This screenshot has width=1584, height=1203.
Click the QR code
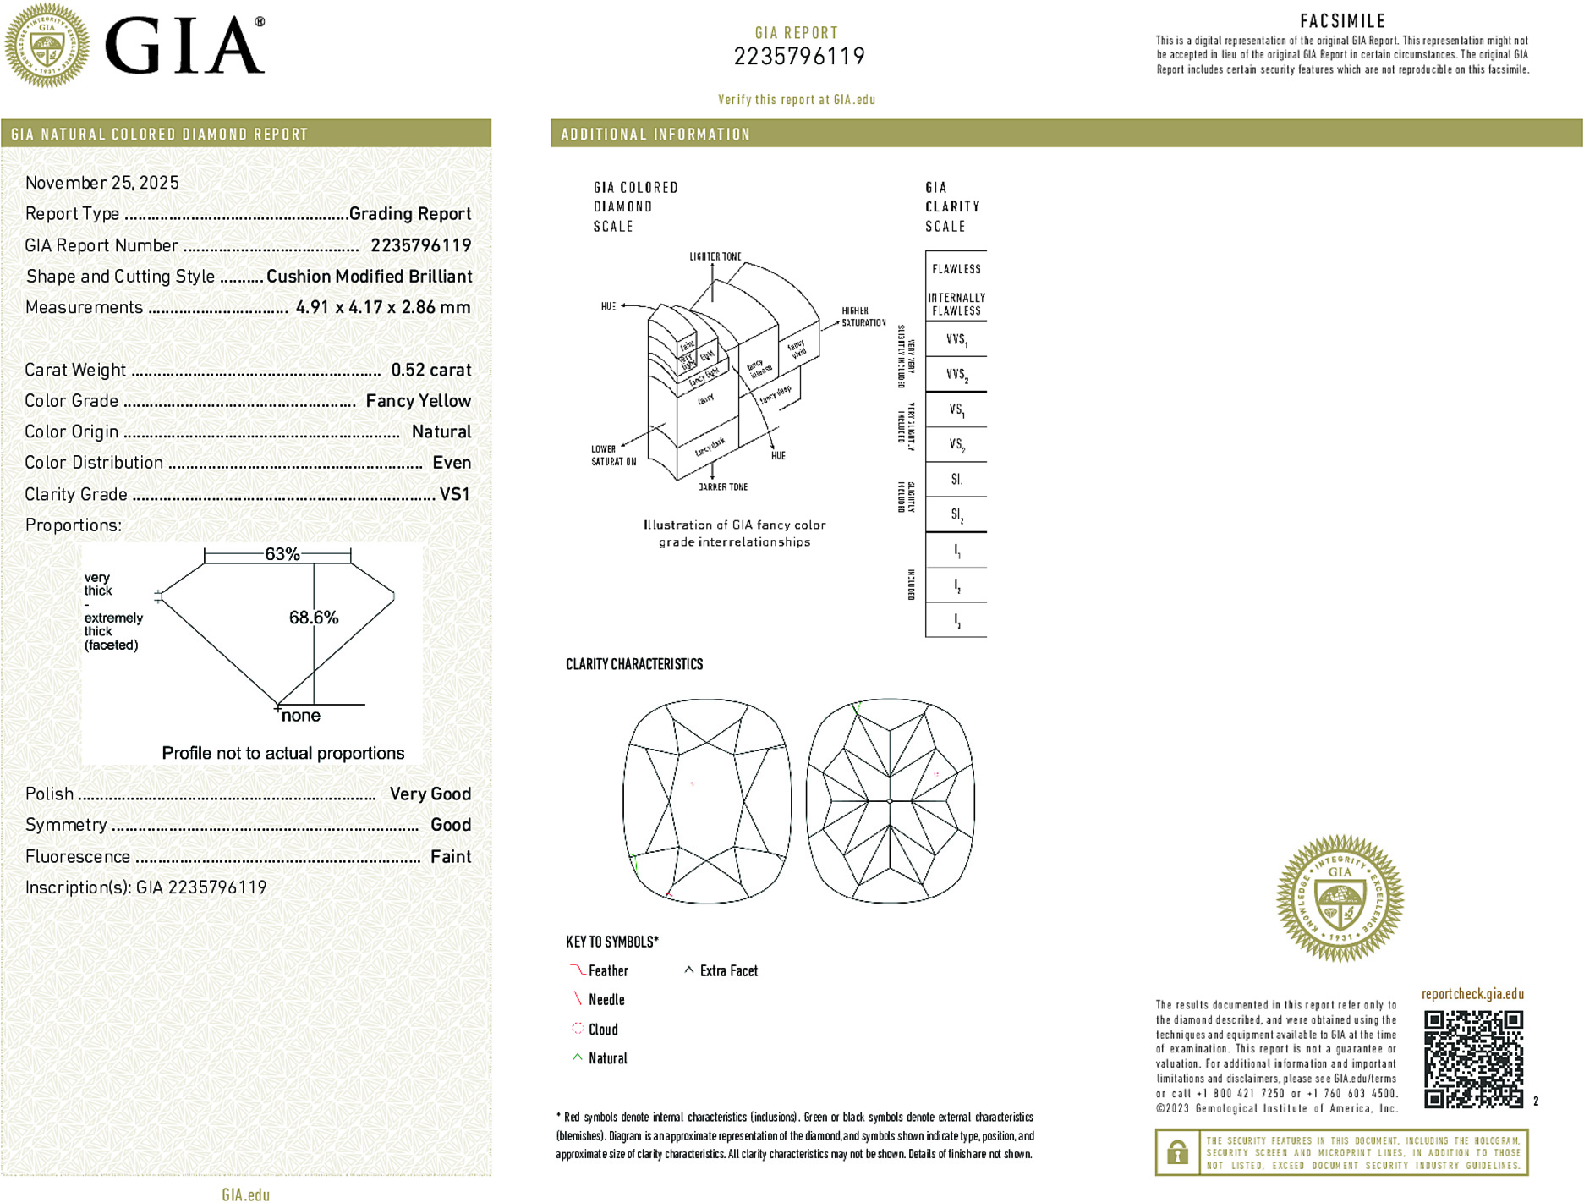click(1472, 1058)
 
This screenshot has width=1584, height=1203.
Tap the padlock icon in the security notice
click(1177, 1152)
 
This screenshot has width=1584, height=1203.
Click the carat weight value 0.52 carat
click(430, 370)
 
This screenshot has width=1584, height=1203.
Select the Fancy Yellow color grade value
click(418, 401)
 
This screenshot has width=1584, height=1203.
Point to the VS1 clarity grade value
click(454, 494)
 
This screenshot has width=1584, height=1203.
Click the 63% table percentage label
click(282, 554)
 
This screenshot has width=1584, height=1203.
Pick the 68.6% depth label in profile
click(313, 618)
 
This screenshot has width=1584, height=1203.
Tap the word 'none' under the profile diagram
click(300, 716)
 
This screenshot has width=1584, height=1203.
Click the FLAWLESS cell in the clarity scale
click(956, 269)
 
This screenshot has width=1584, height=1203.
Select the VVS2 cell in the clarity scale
click(956, 374)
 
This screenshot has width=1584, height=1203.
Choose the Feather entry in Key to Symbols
click(607, 971)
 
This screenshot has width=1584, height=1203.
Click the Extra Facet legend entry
click(727, 971)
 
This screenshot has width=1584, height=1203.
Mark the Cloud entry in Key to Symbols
click(602, 1030)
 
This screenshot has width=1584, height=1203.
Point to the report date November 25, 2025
click(102, 183)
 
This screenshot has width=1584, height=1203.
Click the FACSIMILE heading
click(1342, 21)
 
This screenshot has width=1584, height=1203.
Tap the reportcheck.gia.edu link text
click(1472, 994)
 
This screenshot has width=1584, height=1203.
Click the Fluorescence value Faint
click(450, 856)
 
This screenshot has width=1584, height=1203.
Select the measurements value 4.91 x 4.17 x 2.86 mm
click(383, 307)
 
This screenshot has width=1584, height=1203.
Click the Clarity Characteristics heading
click(634, 664)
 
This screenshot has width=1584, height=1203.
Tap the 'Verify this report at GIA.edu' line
click(797, 100)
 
